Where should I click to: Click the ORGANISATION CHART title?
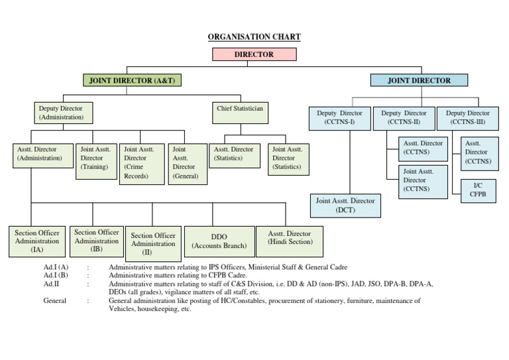click(254, 37)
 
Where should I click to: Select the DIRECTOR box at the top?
click(254, 54)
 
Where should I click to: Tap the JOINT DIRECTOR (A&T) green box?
click(133, 80)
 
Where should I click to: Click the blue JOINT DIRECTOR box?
click(419, 80)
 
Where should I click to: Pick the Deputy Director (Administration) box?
click(63, 112)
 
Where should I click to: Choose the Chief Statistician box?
click(240, 112)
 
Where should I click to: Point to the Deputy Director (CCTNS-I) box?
click(340, 118)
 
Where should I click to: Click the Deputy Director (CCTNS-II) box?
click(404, 118)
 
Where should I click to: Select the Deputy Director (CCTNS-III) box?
click(467, 118)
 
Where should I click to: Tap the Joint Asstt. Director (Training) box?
click(96, 162)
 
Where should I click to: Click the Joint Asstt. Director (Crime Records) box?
click(142, 164)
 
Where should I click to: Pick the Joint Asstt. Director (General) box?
click(185, 164)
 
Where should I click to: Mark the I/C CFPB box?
click(477, 190)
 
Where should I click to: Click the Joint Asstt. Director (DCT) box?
click(345, 206)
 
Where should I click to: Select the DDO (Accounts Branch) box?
click(219, 241)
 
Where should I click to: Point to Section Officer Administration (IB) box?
click(97, 241)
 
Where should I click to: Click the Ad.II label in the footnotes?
click(51, 284)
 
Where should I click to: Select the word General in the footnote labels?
click(56, 300)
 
